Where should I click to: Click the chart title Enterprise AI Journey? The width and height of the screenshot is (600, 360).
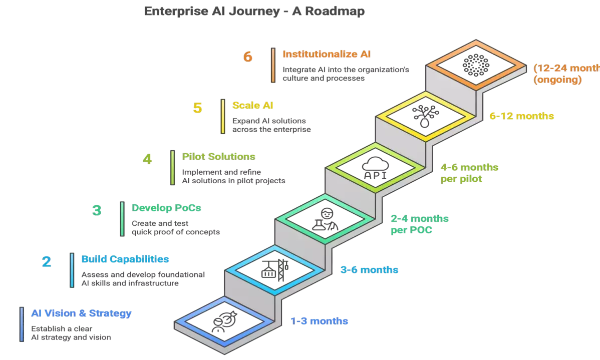click(x=254, y=11)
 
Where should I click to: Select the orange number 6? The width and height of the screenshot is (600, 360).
click(x=247, y=57)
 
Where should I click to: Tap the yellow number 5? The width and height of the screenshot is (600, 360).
click(x=198, y=108)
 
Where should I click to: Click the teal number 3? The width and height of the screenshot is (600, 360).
click(x=97, y=210)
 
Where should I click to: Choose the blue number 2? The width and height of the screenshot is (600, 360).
click(x=46, y=262)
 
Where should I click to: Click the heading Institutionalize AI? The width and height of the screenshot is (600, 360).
click(x=327, y=54)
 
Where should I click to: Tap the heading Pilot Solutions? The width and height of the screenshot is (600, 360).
click(x=219, y=157)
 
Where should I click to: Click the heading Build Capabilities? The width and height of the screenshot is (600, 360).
click(x=125, y=259)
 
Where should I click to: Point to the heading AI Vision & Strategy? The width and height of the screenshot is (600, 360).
click(x=82, y=313)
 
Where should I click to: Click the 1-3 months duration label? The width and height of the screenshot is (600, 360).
click(x=320, y=321)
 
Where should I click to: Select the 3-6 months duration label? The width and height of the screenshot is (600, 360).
click(x=370, y=270)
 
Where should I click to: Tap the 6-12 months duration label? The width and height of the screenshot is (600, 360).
click(x=522, y=116)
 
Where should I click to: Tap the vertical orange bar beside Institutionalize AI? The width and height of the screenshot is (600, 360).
click(x=272, y=64)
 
